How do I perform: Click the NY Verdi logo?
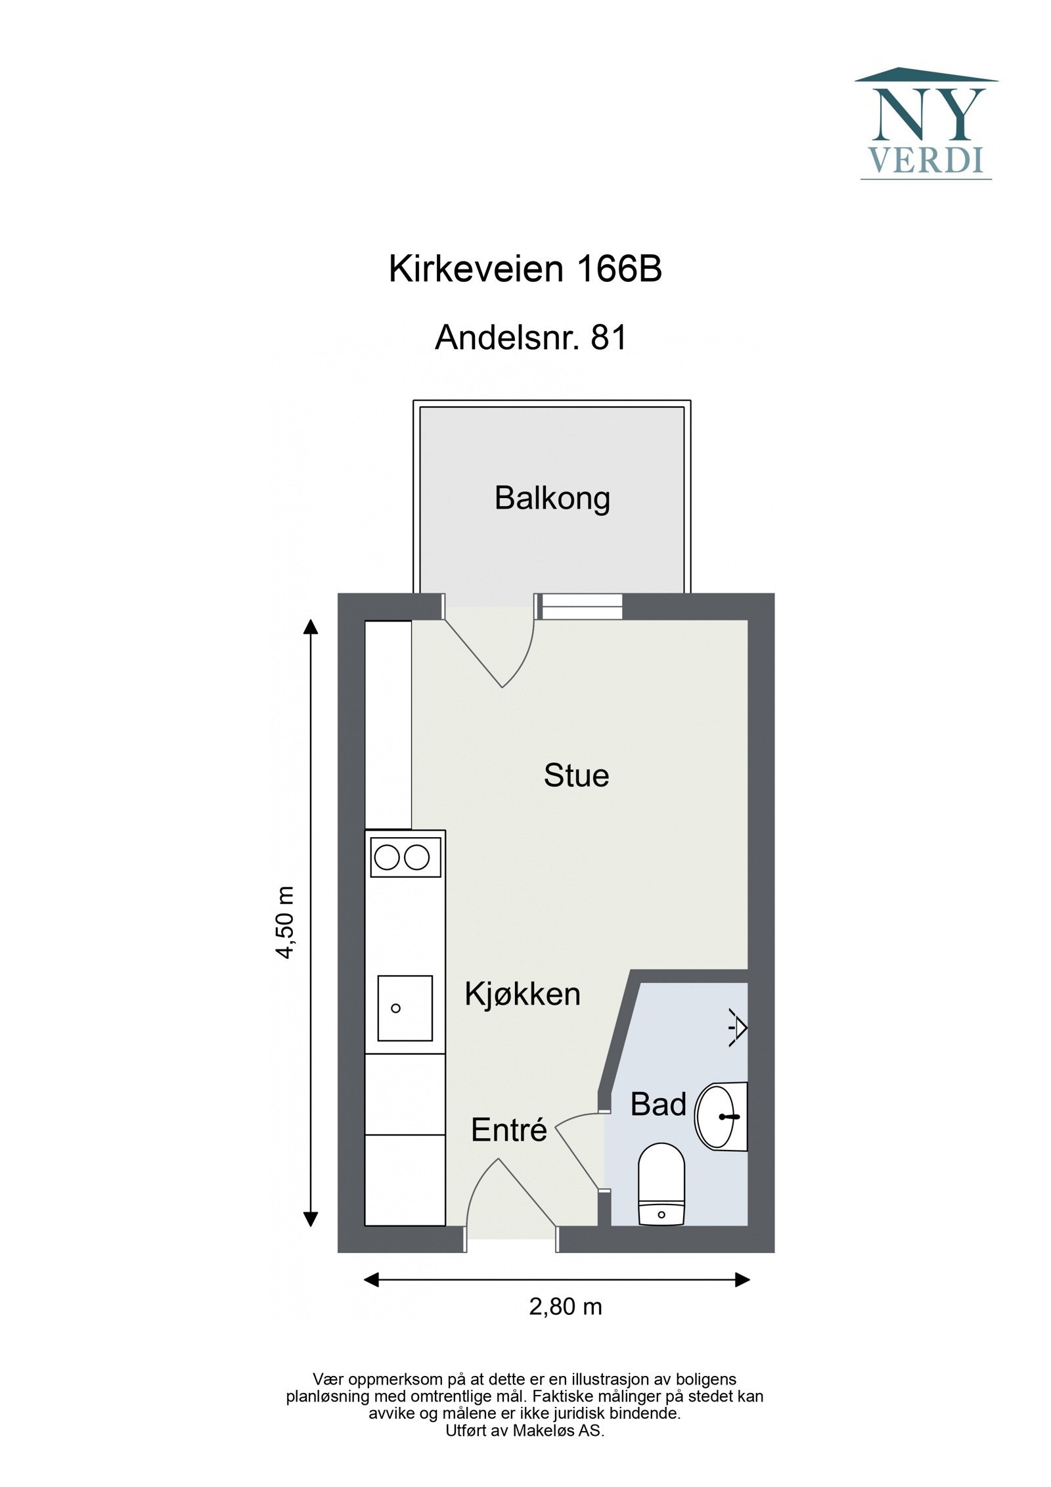pyautogui.click(x=925, y=124)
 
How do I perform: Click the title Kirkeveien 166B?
pyautogui.click(x=525, y=269)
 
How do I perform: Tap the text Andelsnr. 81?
pyautogui.click(x=531, y=338)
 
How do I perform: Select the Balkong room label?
pyautogui.click(x=552, y=498)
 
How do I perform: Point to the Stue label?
pyautogui.click(x=576, y=775)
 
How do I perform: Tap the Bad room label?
pyautogui.click(x=658, y=1104)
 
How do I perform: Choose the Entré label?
pyautogui.click(x=508, y=1130)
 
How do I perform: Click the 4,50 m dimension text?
pyautogui.click(x=285, y=923)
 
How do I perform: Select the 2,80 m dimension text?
pyautogui.click(x=565, y=1306)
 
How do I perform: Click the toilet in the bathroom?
pyautogui.click(x=661, y=1185)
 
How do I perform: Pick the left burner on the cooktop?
pyautogui.click(x=387, y=858)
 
